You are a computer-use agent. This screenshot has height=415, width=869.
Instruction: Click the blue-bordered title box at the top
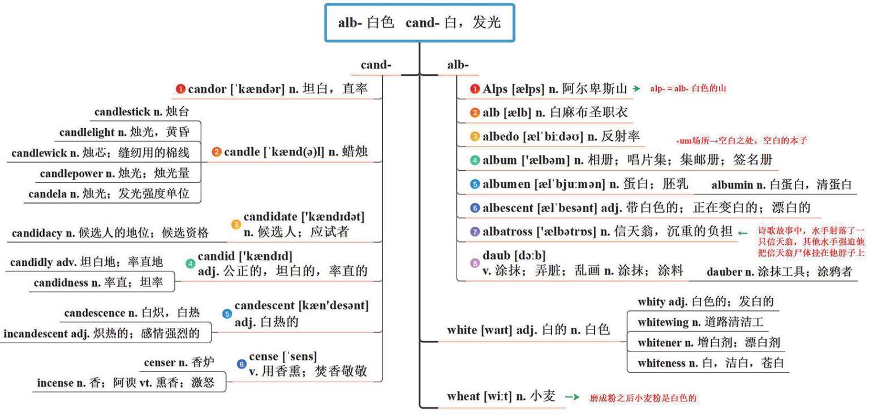(420, 23)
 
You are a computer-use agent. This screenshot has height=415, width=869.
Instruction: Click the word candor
(207, 89)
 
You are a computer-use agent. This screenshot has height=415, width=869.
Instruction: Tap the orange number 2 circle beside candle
(217, 152)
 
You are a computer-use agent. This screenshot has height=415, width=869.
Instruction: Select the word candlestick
(122, 112)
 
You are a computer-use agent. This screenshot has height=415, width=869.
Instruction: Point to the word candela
(47, 193)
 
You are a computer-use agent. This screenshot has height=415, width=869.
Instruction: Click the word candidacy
(37, 233)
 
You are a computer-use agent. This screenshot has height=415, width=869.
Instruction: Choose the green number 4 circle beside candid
(190, 263)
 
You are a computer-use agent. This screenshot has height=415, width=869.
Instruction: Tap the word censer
(160, 362)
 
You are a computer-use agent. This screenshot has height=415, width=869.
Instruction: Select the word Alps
(494, 89)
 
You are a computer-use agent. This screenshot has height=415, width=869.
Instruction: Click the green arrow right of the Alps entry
(636, 88)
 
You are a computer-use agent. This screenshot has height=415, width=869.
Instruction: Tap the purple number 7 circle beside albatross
(475, 232)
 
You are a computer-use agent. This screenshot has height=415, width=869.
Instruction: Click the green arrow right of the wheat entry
(572, 397)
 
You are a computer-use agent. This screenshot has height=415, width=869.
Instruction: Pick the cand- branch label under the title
(376, 65)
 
